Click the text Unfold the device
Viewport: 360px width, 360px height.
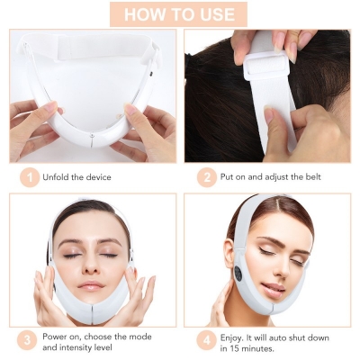pyautogui.click(x=77, y=177)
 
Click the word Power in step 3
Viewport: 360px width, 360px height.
pyautogui.click(x=56, y=337)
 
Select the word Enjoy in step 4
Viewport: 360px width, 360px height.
pyautogui.click(x=231, y=337)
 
